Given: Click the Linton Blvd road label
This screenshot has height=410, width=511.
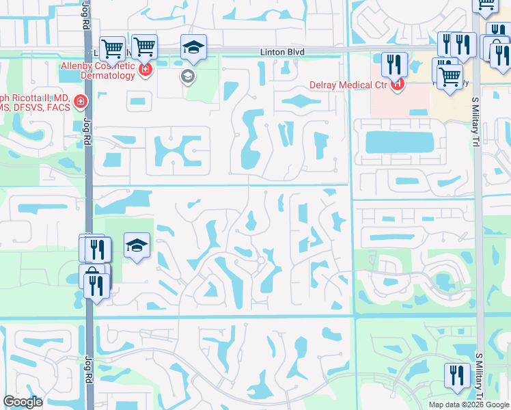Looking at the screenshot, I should pos(281,52).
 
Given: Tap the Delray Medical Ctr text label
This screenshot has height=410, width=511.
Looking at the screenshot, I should pos(346,85).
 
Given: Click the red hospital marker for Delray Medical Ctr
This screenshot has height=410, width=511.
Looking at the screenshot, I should pos(398,85).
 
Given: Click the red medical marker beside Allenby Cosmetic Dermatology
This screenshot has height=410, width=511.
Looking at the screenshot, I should pos(145,70).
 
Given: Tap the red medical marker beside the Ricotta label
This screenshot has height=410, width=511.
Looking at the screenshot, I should pos(81,102).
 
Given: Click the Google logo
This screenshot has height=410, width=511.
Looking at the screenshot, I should pos(23,402).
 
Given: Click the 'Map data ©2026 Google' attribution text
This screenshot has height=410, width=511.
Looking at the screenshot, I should pos(468,405).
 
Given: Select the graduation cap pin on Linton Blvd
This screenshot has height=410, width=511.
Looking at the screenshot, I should pos(193,48).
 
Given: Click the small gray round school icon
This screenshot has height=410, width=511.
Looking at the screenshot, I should pos(187,77).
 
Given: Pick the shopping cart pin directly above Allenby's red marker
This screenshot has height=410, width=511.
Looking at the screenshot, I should pos(144,47).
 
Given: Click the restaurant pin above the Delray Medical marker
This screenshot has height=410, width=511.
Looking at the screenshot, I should pos(394,65).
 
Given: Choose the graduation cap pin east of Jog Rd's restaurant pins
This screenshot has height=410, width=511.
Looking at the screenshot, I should pos(137,246).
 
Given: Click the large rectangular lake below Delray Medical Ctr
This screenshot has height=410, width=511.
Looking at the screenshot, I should pos(400,142).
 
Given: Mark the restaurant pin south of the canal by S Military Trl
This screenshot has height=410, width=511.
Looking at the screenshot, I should pos(456,375).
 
